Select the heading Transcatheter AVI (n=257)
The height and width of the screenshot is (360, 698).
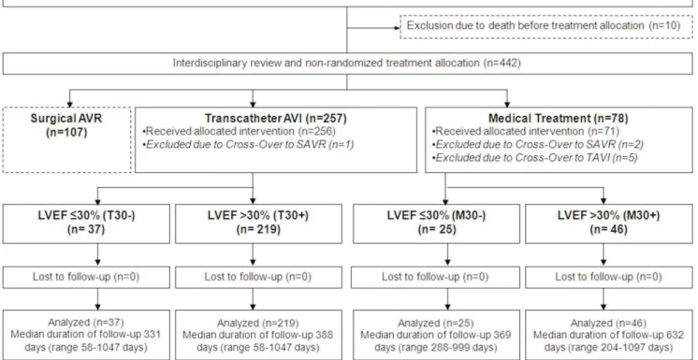[275, 119]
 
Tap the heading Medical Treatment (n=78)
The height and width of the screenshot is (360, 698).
[559, 119]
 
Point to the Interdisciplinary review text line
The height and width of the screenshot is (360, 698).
[347, 64]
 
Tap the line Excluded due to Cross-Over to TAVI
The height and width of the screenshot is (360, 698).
[536, 157]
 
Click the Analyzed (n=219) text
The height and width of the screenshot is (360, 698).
[258, 324]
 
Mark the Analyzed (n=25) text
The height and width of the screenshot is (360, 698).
[436, 324]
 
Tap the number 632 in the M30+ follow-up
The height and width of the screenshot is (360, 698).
[673, 335]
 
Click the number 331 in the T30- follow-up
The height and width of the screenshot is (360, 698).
[151, 335]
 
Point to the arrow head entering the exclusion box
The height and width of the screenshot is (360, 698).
[397, 28]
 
